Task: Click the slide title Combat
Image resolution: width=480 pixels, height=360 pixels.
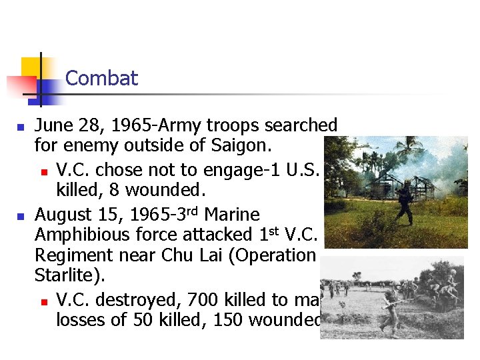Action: click(101, 79)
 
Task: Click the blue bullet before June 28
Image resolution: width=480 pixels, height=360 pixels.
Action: click(20, 126)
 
